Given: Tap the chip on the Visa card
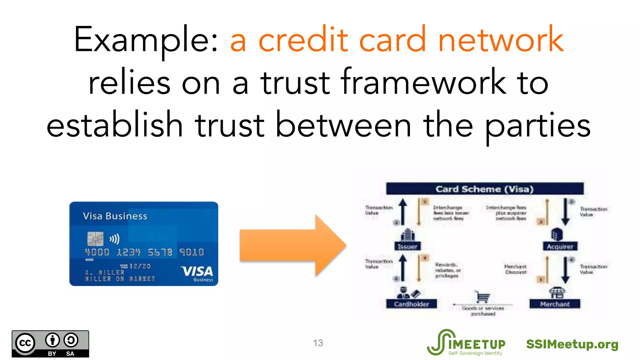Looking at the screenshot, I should [x=95, y=239].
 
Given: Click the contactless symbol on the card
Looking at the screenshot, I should [x=114, y=239].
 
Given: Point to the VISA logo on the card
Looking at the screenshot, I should [x=197, y=271].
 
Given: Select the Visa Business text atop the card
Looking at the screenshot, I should [x=115, y=216].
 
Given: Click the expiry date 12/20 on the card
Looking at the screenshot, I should [x=140, y=266].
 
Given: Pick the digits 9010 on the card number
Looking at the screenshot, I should [x=191, y=252].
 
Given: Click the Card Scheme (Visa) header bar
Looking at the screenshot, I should [x=484, y=189].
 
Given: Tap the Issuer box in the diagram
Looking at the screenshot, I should [x=407, y=246].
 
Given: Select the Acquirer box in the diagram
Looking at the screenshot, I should [x=560, y=246].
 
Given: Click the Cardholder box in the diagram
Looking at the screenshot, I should [x=411, y=304].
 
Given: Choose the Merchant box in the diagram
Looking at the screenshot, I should [x=555, y=304].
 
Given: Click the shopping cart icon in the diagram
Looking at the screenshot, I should [x=482, y=297].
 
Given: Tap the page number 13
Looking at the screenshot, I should [x=318, y=343].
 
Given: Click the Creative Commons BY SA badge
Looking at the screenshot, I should [x=50, y=344].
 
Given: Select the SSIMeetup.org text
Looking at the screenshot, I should [x=572, y=344].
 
